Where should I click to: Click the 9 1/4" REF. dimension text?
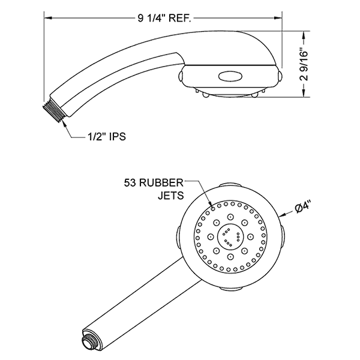click(x=164, y=18)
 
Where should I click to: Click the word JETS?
click(x=171, y=194)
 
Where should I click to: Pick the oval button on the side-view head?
click(x=230, y=76)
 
